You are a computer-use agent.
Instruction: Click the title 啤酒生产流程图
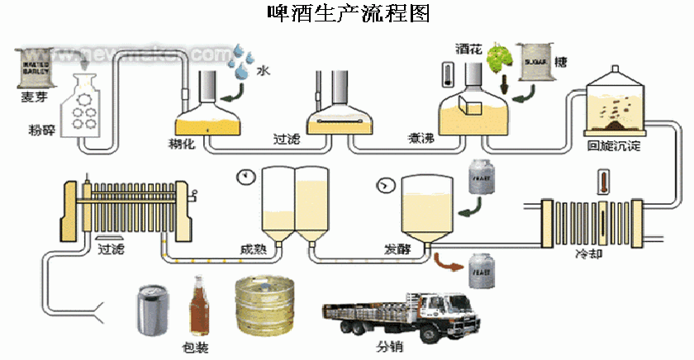348,13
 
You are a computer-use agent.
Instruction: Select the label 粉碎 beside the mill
40,130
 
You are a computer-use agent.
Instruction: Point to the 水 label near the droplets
263,72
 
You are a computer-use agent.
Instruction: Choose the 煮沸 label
421,138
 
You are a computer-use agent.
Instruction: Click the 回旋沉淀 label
614,145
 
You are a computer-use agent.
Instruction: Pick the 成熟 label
253,249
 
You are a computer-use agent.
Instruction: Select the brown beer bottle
198,306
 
